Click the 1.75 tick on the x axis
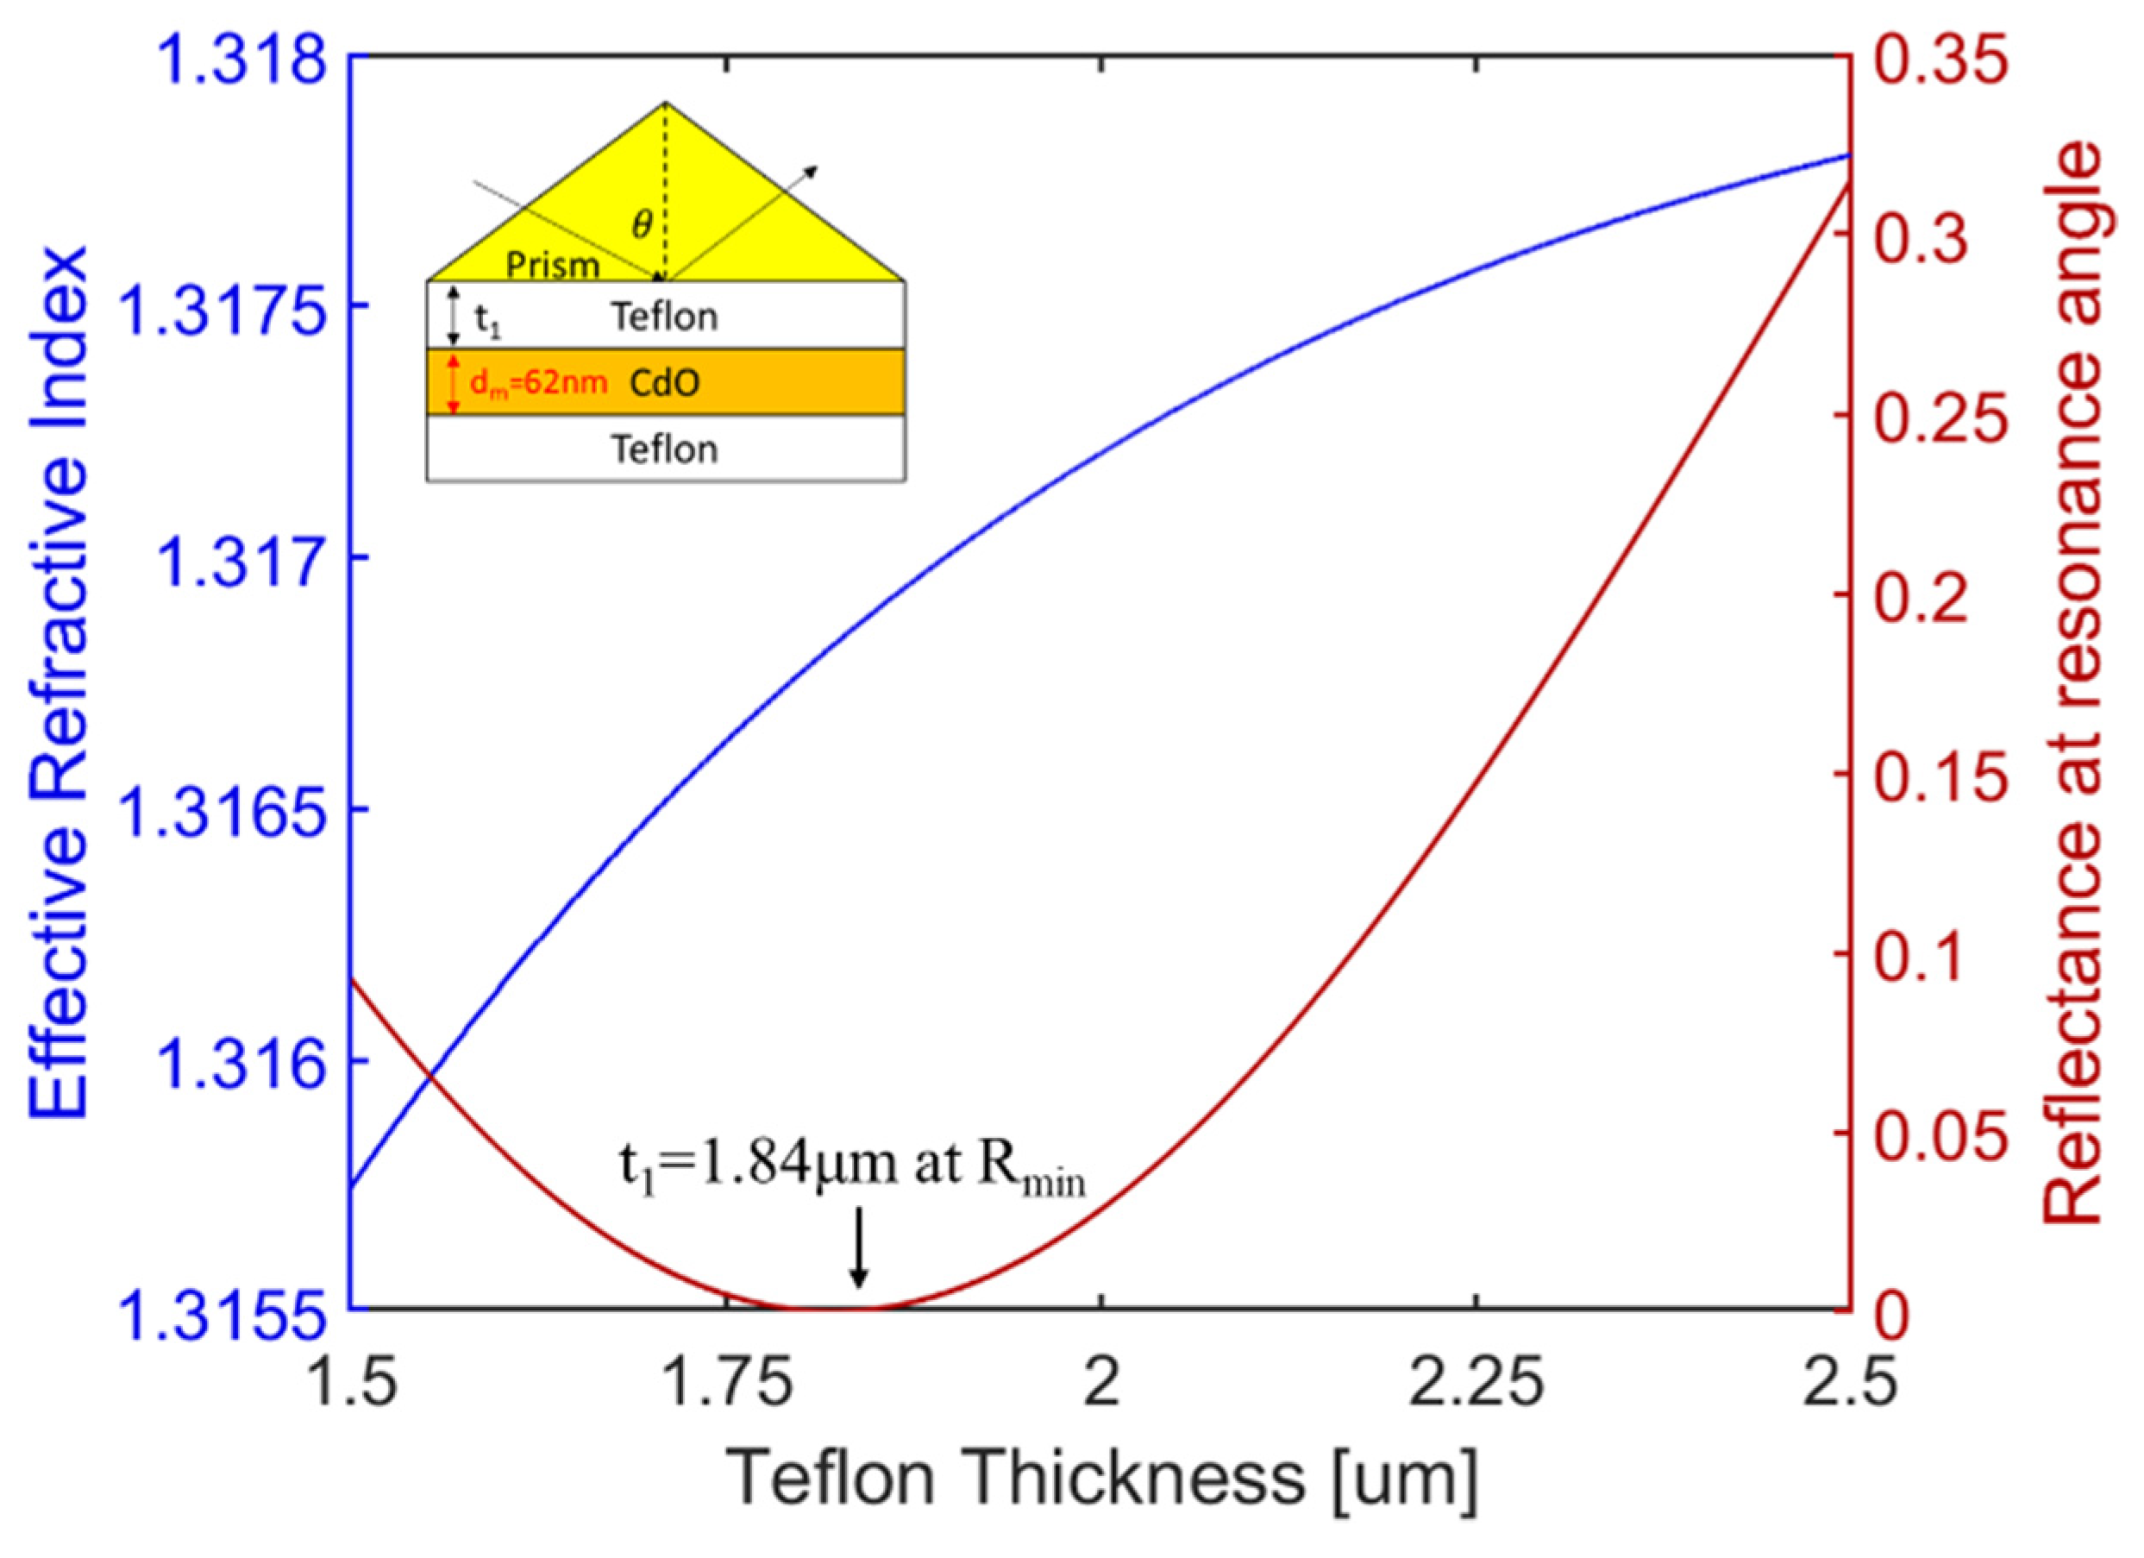(x=726, y=1384)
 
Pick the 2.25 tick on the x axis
(x=1476, y=1384)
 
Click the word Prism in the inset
(x=552, y=266)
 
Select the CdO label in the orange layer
(x=665, y=383)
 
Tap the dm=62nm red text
(x=538, y=384)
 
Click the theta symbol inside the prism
(x=642, y=225)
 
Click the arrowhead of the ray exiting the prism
(x=812, y=171)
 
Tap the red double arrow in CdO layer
(x=454, y=383)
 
